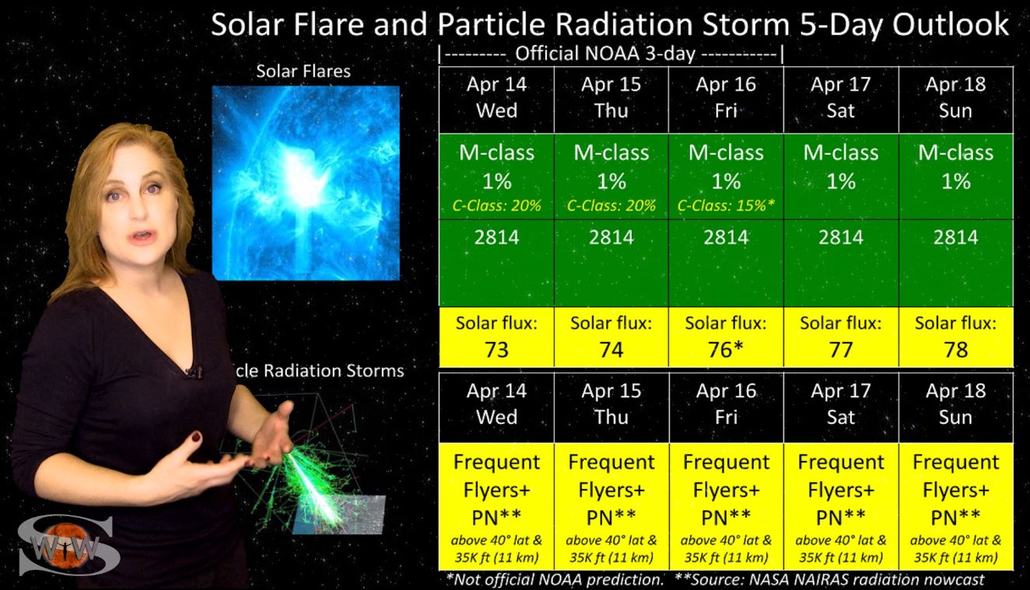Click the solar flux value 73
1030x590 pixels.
point(496,350)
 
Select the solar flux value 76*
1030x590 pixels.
point(726,350)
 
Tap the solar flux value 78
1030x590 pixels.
point(956,350)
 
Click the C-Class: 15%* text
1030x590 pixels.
point(726,205)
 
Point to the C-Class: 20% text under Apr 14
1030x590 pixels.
point(496,205)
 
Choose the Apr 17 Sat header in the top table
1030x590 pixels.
point(841,97)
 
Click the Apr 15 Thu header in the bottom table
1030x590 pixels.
point(611,404)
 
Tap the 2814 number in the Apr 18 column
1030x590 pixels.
point(956,237)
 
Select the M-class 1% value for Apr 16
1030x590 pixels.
point(726,166)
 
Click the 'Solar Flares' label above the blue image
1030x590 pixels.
point(303,72)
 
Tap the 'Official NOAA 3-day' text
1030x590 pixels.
point(605,54)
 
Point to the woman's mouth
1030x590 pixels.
point(142,237)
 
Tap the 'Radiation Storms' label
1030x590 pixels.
point(334,371)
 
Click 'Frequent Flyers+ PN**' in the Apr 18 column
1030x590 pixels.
point(956,490)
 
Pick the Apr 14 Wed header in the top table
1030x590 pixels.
point(496,97)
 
